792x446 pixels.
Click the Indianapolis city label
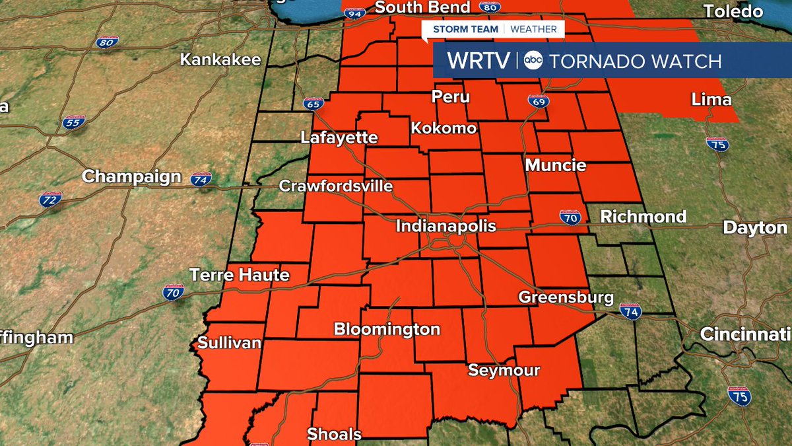coord(445,226)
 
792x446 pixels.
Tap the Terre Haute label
coord(240,274)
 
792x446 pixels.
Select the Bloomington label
coord(387,329)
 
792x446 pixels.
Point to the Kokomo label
coord(444,128)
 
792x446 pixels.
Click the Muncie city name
coord(556,165)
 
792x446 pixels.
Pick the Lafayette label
coord(339,137)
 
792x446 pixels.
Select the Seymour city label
coord(504,370)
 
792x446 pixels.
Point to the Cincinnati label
coord(744,334)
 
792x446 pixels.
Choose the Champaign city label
coord(131,176)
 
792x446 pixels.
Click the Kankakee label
coord(220,59)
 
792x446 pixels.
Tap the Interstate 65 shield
coord(313,104)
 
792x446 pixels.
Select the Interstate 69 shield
coord(538,102)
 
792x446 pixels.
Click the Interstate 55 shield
coord(74,122)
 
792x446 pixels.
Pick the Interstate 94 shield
coord(354,13)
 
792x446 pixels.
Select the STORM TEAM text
coord(465,29)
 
